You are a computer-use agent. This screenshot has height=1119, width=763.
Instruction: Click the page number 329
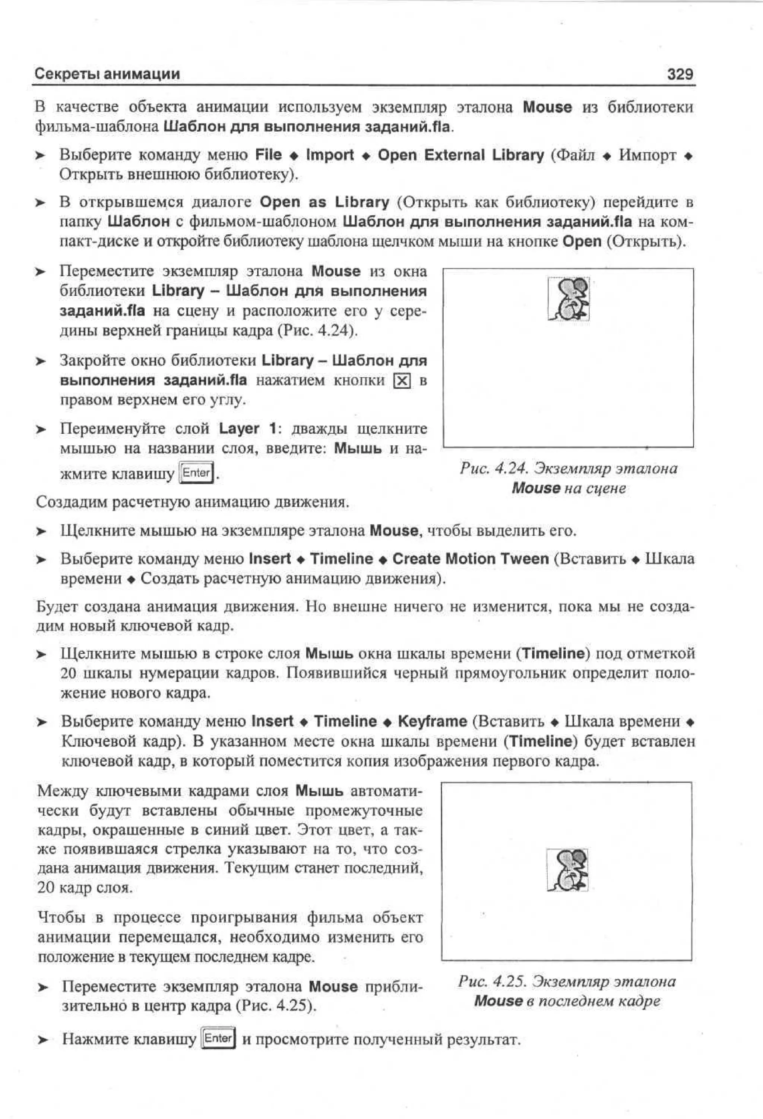[680, 74]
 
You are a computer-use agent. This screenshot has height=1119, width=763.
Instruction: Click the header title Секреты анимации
[107, 74]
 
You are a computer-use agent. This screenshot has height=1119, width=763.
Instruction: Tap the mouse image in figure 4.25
[567, 870]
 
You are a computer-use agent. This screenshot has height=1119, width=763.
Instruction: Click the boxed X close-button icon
[402, 381]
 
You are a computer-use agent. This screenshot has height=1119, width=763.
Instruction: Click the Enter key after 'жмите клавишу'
[196, 473]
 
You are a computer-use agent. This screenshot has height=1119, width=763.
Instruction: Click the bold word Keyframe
[432, 721]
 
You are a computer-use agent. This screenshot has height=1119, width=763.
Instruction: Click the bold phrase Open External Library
[461, 155]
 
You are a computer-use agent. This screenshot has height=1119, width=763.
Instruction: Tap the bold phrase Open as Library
[324, 202]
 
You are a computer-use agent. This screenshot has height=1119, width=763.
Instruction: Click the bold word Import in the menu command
[330, 155]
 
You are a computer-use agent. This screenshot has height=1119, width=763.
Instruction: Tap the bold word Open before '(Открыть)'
[582, 241]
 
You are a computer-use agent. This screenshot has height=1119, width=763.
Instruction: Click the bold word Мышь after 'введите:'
[358, 449]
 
